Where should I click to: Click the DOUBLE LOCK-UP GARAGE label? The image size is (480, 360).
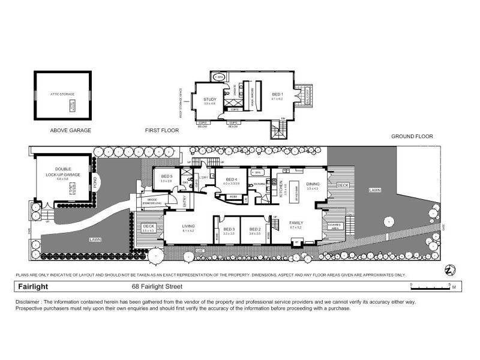click(x=63, y=172)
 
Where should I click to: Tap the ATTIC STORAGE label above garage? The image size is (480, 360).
click(x=62, y=95)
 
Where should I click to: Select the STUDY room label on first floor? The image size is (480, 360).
click(x=209, y=100)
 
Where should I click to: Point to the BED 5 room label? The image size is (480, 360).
click(x=167, y=176)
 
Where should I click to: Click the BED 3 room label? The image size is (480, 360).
click(x=229, y=229)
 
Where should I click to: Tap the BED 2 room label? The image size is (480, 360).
click(x=254, y=229)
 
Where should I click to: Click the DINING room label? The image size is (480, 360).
click(x=313, y=184)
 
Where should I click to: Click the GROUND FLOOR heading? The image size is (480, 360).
click(x=412, y=137)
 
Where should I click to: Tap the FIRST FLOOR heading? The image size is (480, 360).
click(x=162, y=130)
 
